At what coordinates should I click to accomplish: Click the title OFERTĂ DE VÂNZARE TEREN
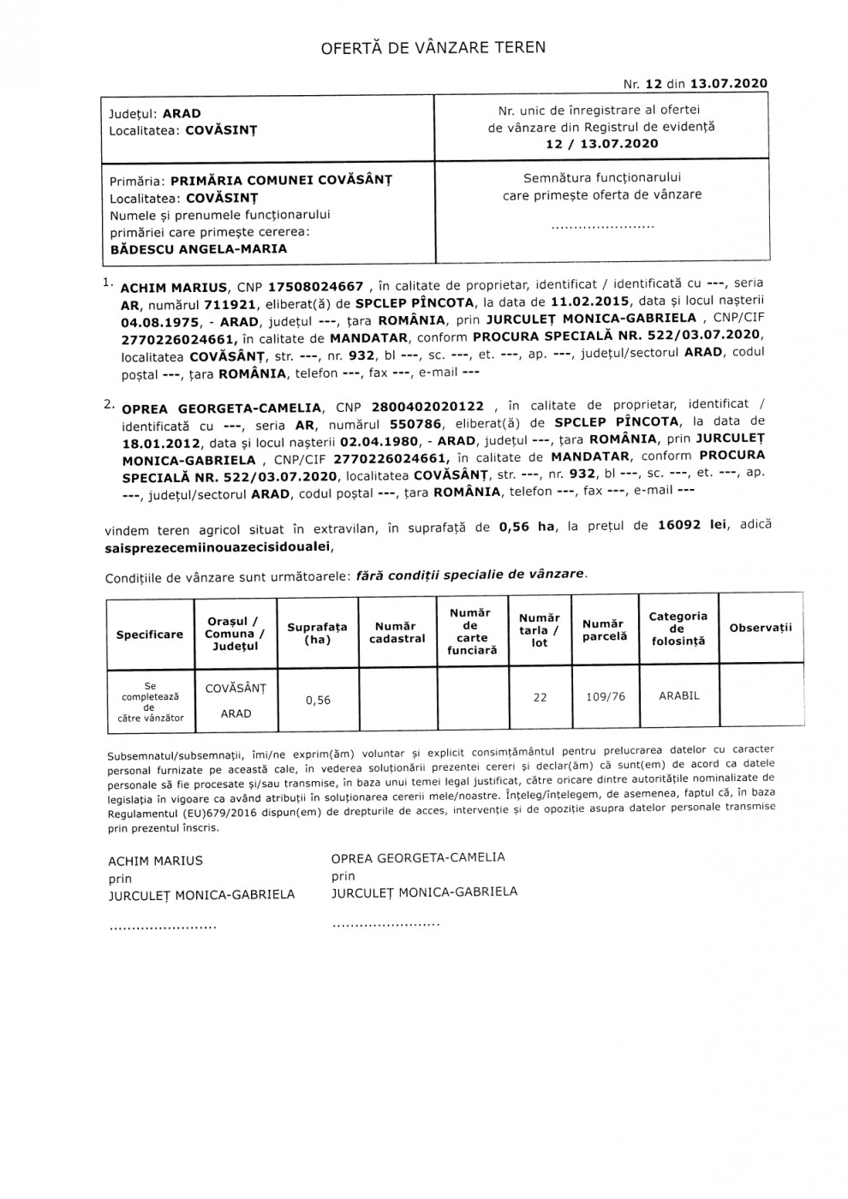[433, 47]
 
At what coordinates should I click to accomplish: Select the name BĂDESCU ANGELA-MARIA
[199, 249]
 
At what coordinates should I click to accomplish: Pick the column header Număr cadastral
[397, 633]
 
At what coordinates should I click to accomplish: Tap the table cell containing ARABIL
[678, 696]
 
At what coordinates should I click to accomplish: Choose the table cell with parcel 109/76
[605, 697]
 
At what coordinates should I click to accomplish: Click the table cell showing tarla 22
[540, 697]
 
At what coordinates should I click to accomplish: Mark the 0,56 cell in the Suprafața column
[318, 700]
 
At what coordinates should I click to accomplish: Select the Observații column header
[761, 628]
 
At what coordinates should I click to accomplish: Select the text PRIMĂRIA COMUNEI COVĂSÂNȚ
[281, 181]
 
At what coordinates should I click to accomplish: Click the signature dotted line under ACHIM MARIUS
[162, 927]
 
